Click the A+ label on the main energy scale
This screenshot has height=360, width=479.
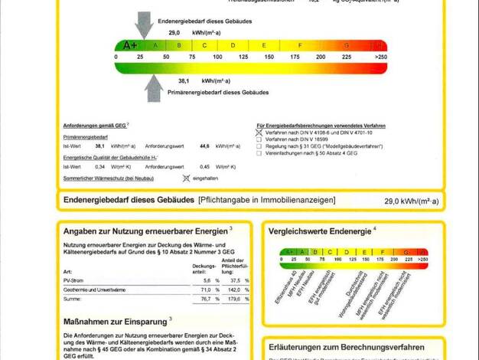[x=130, y=45]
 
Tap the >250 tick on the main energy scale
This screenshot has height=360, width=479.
[x=380, y=57]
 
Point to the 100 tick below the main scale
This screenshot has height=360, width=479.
[x=217, y=57]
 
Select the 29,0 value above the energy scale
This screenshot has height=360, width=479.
[x=174, y=34]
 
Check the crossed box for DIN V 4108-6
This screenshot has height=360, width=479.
[x=259, y=133]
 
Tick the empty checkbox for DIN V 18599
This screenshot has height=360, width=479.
[x=259, y=139]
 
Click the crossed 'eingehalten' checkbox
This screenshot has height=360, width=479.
[x=186, y=178]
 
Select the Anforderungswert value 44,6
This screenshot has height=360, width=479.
[x=204, y=146]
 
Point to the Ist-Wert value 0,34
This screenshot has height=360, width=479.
[x=99, y=166]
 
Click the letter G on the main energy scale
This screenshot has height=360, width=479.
[x=347, y=45]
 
